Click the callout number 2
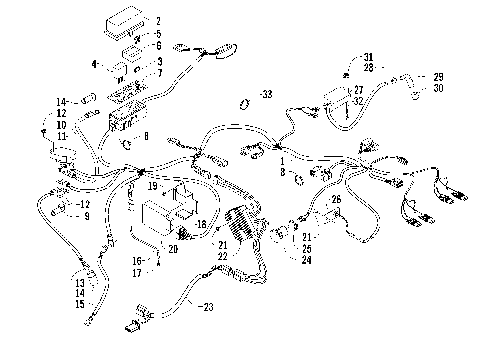pos(158,19)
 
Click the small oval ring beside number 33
pos(243,103)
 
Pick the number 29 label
pos(437,77)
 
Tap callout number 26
pos(336,199)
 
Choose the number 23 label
pos(207,308)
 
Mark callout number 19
pos(153,186)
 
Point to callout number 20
pos(173,248)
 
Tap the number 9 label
pos(86,215)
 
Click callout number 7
pos(158,73)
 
